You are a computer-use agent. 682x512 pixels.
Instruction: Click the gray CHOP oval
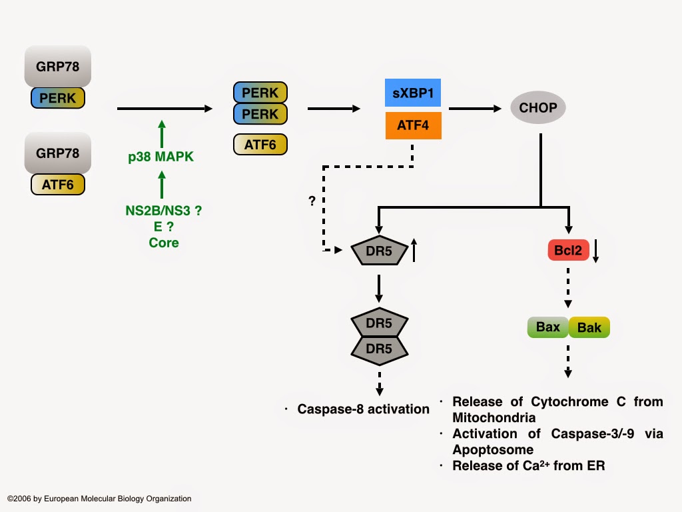[538, 107]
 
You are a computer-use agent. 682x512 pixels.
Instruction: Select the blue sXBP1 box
[413, 93]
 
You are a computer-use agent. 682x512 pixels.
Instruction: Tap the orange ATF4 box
[413, 125]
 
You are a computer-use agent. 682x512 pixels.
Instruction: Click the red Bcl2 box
[568, 251]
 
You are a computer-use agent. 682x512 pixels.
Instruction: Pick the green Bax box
[547, 327]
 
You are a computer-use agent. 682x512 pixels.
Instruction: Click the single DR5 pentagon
[378, 251]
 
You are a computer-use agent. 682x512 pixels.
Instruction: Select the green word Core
[163, 243]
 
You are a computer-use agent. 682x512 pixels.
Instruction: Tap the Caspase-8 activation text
[363, 409]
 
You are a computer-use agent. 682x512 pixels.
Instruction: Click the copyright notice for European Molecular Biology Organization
[99, 499]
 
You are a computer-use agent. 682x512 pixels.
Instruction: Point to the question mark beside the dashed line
[312, 201]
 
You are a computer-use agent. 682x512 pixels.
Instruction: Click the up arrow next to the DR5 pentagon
[414, 251]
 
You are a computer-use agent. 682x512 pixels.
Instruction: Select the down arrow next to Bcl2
[597, 251]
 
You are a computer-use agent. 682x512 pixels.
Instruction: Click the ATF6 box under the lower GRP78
[57, 185]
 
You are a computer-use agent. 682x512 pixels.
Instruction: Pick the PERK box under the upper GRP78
[57, 98]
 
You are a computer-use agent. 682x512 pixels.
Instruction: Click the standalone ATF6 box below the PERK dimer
[260, 145]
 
